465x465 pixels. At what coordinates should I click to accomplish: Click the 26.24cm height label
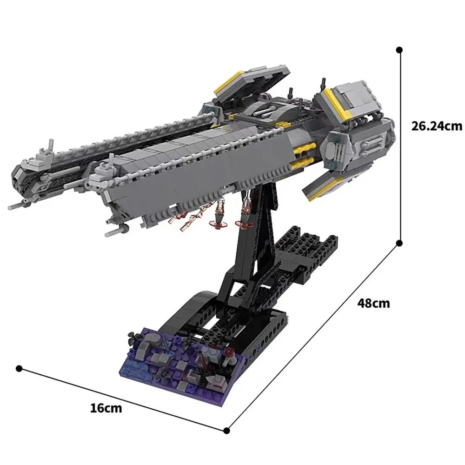point(437,126)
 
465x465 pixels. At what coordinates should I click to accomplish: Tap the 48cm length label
point(373,303)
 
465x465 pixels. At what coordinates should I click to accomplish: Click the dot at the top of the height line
point(399,49)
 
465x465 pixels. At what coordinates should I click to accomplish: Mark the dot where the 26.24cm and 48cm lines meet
point(399,243)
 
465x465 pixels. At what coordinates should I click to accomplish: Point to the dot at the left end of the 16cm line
point(19,368)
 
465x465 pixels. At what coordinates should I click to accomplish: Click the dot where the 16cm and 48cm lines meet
point(227,430)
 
